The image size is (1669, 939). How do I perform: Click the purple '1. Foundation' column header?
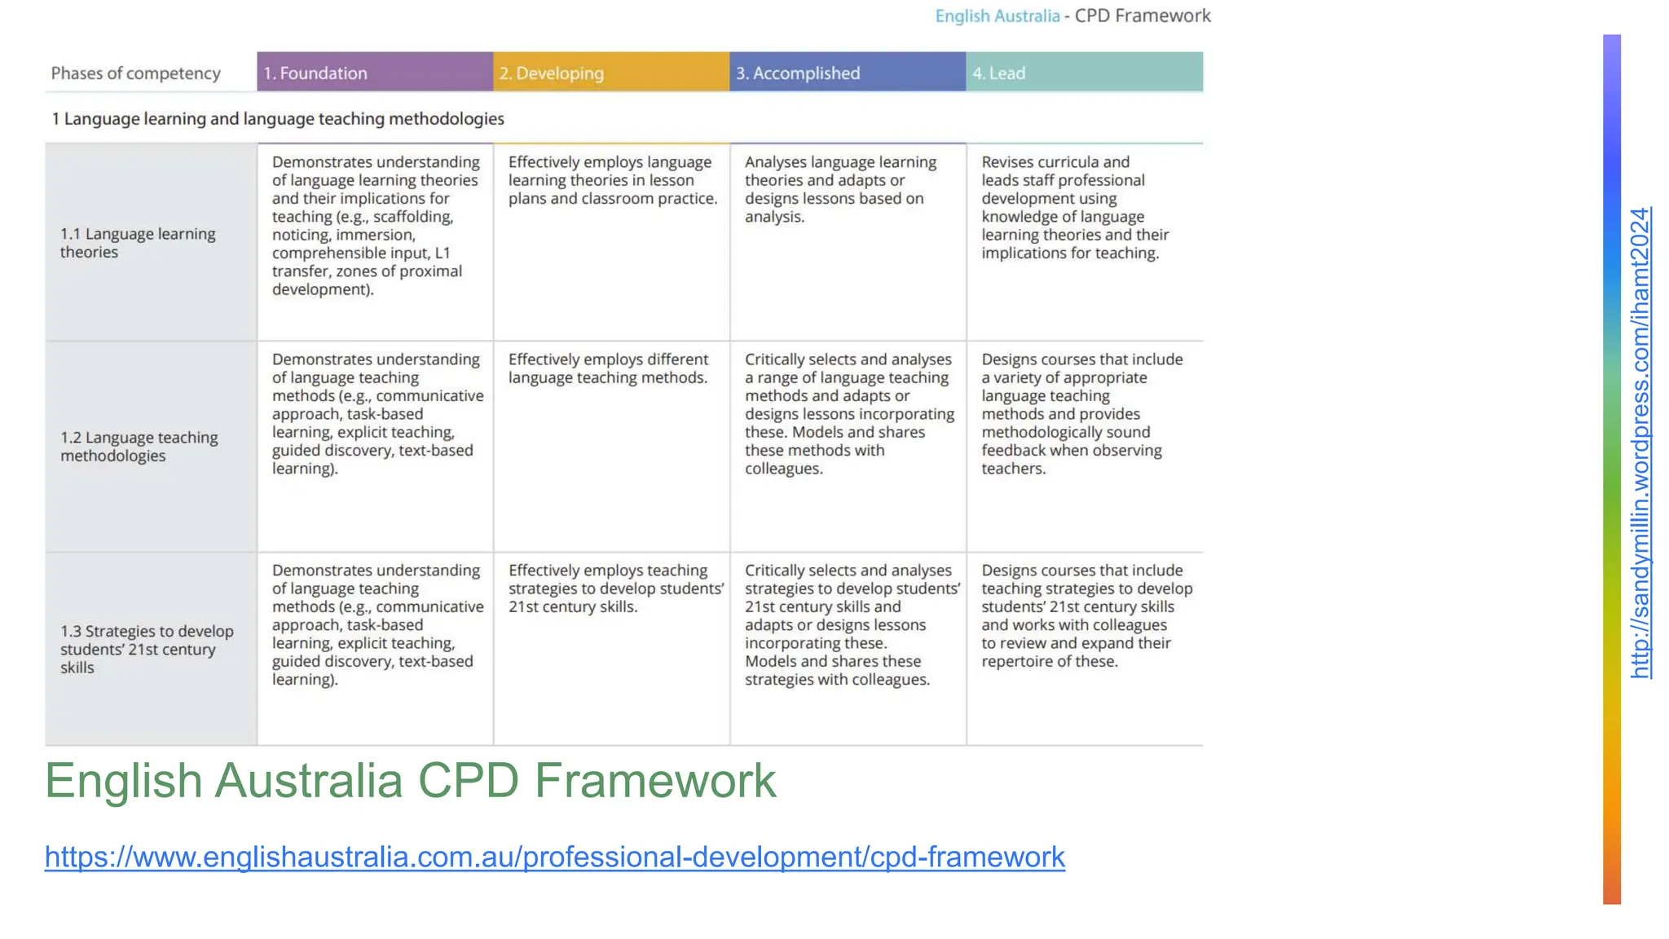tap(375, 73)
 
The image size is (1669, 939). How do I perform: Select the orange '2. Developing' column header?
tap(611, 73)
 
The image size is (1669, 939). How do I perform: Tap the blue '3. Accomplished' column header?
tap(848, 73)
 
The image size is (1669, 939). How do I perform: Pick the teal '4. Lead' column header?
tap(1084, 73)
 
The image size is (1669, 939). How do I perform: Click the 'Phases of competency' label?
tap(136, 73)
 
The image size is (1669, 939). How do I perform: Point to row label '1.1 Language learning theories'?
tap(138, 243)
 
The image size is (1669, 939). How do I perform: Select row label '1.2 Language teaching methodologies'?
tap(139, 447)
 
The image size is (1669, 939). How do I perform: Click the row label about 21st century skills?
tap(147, 649)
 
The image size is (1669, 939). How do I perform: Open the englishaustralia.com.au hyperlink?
tap(554, 857)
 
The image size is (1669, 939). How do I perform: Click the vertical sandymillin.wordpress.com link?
tap(1640, 443)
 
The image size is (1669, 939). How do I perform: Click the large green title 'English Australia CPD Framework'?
tap(410, 781)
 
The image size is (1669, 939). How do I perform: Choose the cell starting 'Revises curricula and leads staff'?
tap(1075, 208)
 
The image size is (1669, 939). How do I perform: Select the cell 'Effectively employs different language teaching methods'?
tap(608, 368)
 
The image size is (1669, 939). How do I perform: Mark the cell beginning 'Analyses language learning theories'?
tap(840, 189)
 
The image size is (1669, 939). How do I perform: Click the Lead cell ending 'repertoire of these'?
tap(1086, 616)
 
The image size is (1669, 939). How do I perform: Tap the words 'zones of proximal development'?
tap(367, 280)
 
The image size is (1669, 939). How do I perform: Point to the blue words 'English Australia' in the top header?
tap(997, 16)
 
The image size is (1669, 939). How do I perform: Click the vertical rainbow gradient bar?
tap(1611, 469)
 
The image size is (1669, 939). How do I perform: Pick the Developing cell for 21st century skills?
tap(615, 589)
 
